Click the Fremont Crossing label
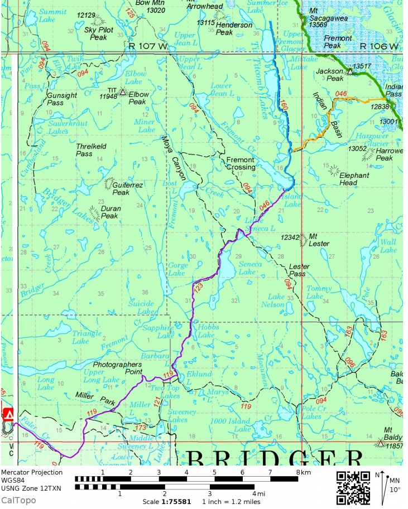pyautogui.click(x=241, y=163)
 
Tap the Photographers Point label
pyautogui.click(x=117, y=368)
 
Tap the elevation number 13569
pyautogui.click(x=318, y=25)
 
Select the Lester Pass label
pyautogui.click(x=297, y=270)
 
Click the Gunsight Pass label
pyautogui.click(x=62, y=99)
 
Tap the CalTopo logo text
pyautogui.click(x=18, y=500)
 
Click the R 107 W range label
pyautogui.click(x=147, y=46)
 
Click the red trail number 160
pyautogui.click(x=283, y=104)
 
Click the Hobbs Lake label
pyautogui.click(x=206, y=331)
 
